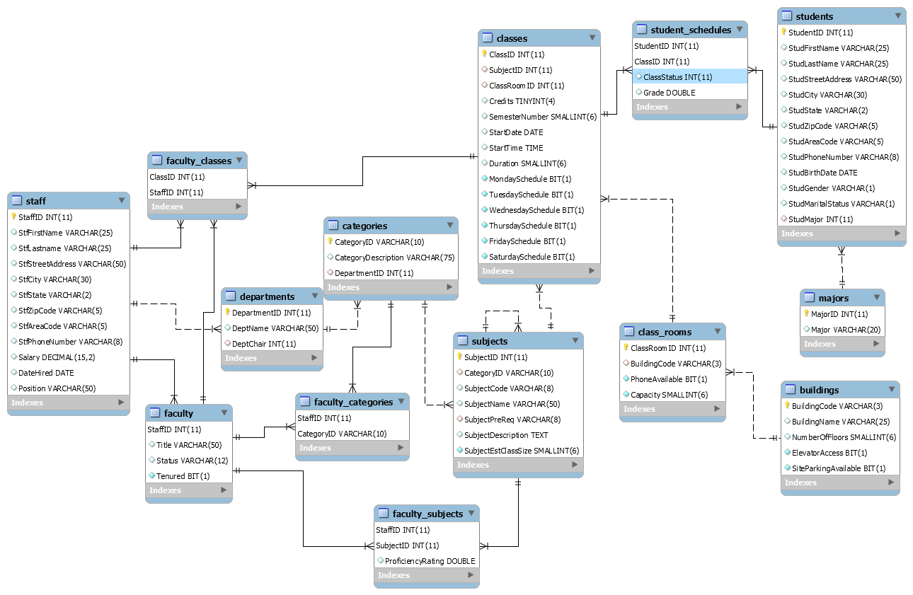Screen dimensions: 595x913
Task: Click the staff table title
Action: click(35, 201)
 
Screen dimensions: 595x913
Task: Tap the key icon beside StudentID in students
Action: click(783, 33)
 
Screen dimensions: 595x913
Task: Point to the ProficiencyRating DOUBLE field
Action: click(430, 561)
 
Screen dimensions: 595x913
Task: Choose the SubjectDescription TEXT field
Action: click(505, 435)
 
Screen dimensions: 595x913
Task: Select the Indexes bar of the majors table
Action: click(842, 344)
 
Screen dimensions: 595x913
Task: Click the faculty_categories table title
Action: click(353, 402)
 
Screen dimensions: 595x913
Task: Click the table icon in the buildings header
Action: click(789, 390)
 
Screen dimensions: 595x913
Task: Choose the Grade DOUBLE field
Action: click(669, 93)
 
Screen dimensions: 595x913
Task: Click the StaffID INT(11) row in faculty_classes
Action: click(176, 192)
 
